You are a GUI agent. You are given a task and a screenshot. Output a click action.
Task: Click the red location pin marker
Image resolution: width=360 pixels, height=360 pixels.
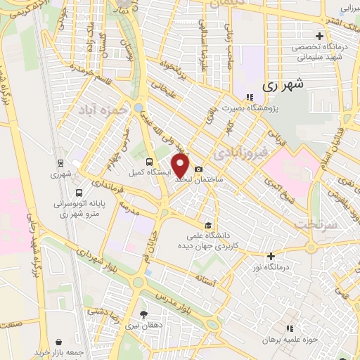tap(181, 166)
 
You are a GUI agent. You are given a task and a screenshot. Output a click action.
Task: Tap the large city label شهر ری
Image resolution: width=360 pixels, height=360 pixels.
tap(286, 84)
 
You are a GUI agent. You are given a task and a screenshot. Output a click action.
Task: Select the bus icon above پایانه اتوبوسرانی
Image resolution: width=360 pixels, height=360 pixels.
tap(78, 192)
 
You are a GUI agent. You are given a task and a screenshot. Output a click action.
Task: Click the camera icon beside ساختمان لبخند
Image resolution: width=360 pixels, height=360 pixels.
tap(199, 169)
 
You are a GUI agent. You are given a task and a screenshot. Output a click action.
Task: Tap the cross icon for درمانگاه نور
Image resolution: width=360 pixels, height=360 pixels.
tap(271, 256)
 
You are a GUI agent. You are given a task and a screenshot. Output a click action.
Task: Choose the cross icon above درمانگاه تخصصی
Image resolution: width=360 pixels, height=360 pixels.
tap(319, 36)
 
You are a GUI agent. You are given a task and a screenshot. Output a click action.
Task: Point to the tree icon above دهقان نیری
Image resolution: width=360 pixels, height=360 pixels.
tap(144, 314)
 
